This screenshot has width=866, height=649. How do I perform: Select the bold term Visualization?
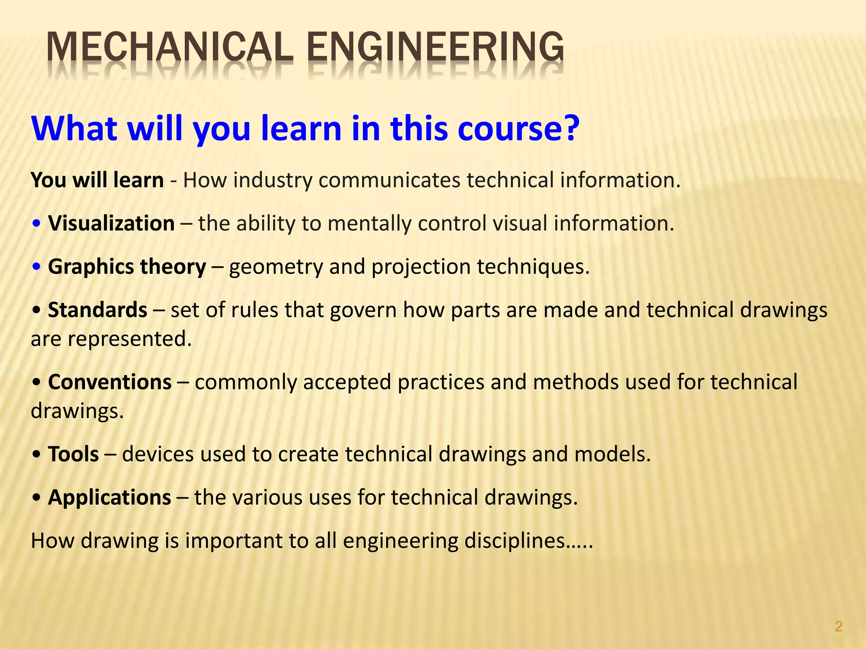pyautogui.click(x=111, y=223)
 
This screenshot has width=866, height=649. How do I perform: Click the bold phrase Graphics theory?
pyautogui.click(x=127, y=267)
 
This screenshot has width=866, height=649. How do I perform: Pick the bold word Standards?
pyautogui.click(x=98, y=310)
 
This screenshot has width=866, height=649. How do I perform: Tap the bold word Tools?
pyautogui.click(x=74, y=454)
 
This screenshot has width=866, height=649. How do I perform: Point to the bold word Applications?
pyautogui.click(x=110, y=497)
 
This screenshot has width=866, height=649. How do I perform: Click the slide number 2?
pyautogui.click(x=839, y=626)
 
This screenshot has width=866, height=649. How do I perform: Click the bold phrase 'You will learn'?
pyautogui.click(x=97, y=180)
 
